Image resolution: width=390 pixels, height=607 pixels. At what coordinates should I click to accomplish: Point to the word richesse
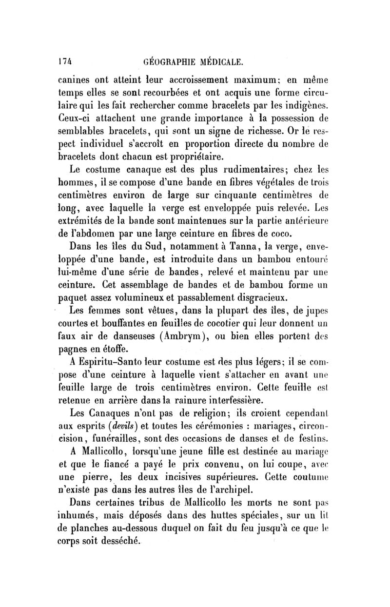(283, 131)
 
